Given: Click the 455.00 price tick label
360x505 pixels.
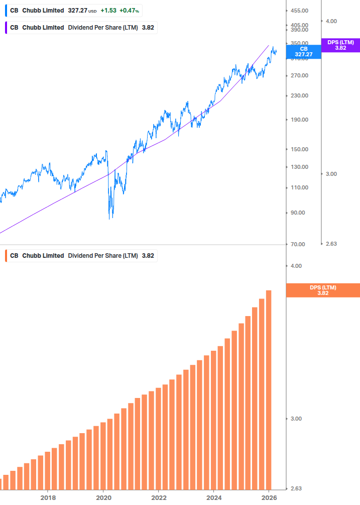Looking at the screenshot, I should (x=299, y=11).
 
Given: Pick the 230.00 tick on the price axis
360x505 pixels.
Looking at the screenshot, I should (x=299, y=95).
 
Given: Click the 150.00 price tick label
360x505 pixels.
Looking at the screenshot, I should (x=299, y=149).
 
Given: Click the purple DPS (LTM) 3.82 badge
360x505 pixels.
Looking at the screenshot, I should (x=340, y=45).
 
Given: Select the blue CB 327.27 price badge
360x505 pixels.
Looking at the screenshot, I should (x=303, y=51).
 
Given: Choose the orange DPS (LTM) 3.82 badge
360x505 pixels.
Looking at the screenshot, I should (x=322, y=290).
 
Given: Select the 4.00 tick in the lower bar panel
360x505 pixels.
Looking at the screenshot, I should (x=296, y=266).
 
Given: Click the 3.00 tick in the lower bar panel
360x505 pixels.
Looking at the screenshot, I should (x=296, y=419).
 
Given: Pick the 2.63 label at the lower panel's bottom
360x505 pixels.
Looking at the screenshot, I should (x=296, y=488).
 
